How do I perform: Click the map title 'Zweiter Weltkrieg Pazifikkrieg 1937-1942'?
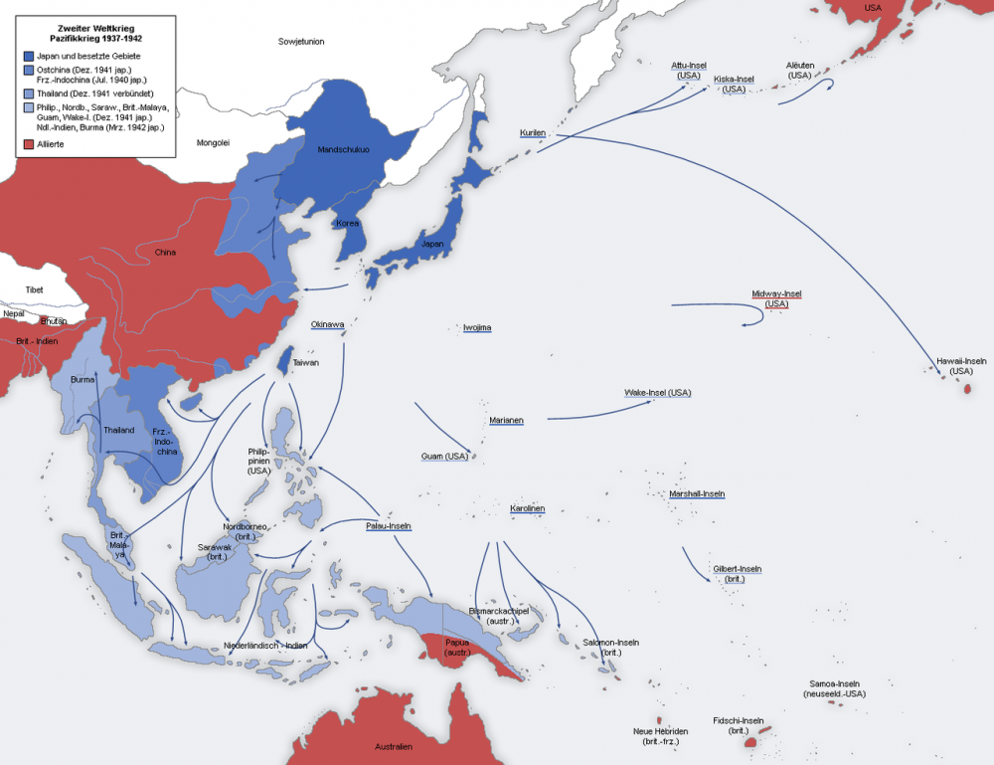click(x=96, y=30)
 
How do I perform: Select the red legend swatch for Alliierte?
click(x=28, y=145)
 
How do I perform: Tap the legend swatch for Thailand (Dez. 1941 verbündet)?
click(x=28, y=94)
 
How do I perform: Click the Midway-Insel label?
click(x=776, y=294)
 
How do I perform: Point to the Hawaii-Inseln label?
click(x=960, y=360)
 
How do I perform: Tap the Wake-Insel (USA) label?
click(x=657, y=393)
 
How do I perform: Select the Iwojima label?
click(x=477, y=327)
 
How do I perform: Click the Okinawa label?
click(x=327, y=324)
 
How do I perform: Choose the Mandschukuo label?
click(x=343, y=149)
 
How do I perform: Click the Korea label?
click(x=346, y=224)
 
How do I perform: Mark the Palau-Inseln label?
click(x=389, y=525)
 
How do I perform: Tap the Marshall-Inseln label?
click(x=697, y=493)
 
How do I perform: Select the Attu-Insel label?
click(x=688, y=65)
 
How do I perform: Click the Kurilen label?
click(x=533, y=132)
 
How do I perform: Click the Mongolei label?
click(x=213, y=142)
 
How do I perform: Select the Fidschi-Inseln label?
click(x=738, y=720)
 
